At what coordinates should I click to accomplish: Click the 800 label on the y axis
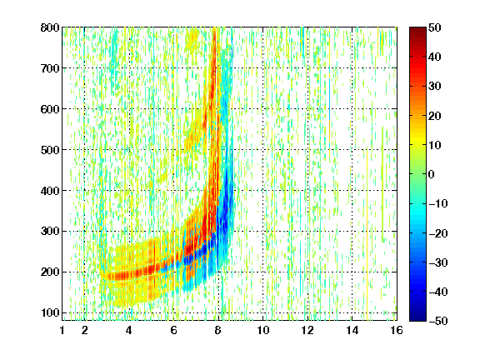50,27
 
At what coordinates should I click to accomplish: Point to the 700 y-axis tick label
50,68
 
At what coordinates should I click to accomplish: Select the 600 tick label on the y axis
50,109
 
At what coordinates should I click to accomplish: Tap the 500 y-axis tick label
50,150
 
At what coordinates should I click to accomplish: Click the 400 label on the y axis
50,191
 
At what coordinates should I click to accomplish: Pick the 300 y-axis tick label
50,231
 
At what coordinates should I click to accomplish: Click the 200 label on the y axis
50,272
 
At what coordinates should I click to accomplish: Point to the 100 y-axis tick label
50,312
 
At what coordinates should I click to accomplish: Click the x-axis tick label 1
62,330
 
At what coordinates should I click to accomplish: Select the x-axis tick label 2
84,330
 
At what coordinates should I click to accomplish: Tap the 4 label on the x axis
129,330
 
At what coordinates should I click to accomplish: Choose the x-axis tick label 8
218,330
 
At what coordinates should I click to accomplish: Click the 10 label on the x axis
263,330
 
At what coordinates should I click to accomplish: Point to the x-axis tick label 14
352,330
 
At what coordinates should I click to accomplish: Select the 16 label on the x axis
397,330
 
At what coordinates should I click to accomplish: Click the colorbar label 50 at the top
434,27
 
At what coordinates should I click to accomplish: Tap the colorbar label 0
432,174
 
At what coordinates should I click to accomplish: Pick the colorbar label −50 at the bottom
438,321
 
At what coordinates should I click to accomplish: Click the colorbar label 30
434,87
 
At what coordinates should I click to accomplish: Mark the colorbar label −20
438,233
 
